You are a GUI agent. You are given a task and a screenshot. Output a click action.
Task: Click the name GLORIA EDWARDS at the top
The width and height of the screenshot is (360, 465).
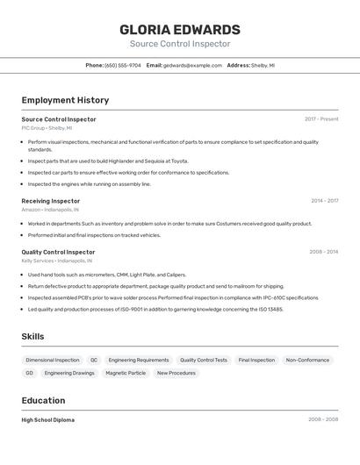click(180, 30)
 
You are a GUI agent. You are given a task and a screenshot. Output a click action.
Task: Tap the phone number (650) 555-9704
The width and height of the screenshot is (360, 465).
click(122, 65)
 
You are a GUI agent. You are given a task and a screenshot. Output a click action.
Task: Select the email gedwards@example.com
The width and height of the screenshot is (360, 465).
click(192, 65)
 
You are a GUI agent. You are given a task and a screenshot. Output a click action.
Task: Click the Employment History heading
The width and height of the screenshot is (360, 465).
click(65, 100)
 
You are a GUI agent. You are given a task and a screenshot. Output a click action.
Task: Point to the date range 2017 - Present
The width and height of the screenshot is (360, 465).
click(321, 119)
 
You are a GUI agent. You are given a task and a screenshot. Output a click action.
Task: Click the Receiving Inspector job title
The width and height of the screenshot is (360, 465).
click(51, 201)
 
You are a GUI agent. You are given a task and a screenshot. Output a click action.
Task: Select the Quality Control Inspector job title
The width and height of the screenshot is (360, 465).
click(58, 252)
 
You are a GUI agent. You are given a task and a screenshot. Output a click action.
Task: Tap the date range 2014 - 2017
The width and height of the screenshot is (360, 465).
click(324, 201)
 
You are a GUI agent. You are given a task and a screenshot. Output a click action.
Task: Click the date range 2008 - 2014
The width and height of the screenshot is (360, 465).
click(323, 252)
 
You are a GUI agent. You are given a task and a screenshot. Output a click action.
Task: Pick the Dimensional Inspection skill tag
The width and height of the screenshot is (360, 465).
click(53, 360)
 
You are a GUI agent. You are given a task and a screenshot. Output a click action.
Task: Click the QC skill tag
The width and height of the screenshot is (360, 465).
click(94, 360)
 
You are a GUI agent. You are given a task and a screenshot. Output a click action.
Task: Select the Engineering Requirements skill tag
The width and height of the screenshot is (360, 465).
click(139, 360)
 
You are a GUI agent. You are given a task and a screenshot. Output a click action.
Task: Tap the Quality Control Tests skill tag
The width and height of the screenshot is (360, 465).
click(204, 360)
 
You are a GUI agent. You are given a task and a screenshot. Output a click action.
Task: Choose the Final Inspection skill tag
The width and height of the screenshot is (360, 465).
click(256, 360)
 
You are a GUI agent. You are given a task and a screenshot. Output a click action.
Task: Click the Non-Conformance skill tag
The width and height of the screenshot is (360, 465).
click(307, 360)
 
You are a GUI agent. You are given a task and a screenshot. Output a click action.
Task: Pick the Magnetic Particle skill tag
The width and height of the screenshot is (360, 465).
click(126, 373)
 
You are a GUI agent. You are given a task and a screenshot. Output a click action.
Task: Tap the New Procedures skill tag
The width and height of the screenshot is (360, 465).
click(176, 373)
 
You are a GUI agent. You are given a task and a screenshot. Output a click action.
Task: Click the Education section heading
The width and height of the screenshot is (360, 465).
click(43, 400)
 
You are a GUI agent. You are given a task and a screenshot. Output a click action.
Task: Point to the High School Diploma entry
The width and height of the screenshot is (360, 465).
click(48, 420)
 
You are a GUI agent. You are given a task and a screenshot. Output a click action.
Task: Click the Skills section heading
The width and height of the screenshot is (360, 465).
click(32, 336)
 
